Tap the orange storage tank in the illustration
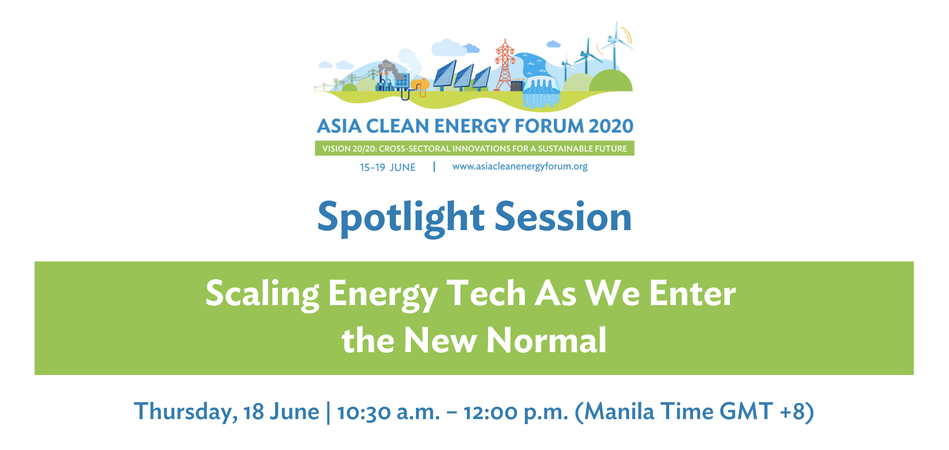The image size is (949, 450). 420,85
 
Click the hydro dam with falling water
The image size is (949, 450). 541,93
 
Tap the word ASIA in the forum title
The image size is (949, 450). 339,126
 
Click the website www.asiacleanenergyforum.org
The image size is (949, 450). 520,167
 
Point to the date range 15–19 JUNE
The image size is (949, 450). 388,167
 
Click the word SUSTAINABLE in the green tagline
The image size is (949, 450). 564,149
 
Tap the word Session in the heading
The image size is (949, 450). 563,217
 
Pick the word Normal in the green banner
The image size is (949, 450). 546,340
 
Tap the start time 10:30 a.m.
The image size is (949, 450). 389,412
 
